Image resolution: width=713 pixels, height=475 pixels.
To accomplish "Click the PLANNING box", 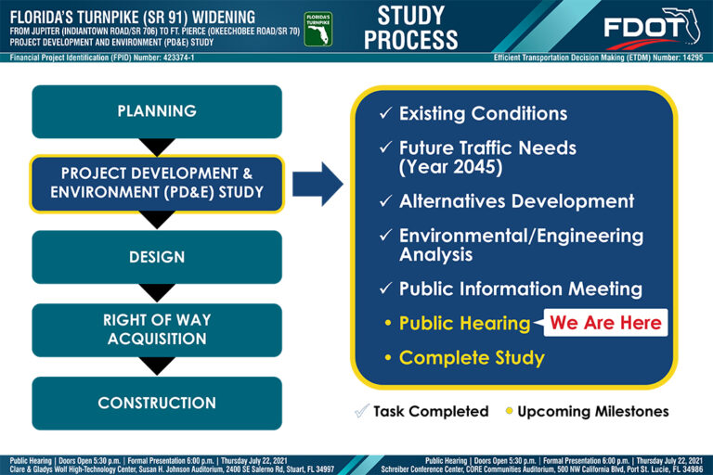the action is pos(157,111).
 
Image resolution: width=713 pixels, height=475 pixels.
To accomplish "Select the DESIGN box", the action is pos(157,257).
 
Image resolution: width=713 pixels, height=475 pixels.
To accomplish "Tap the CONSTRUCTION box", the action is pos(157,404).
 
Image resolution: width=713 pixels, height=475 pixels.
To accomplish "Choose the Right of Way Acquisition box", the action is pos(157,330).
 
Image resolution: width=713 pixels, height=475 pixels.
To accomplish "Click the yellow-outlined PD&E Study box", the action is pos(157,184).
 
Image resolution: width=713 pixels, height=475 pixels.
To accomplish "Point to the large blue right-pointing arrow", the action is pos(318,184).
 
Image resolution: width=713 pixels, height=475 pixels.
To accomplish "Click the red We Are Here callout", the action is pos(605,323).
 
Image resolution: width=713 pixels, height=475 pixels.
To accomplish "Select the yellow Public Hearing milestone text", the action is pos(464,323).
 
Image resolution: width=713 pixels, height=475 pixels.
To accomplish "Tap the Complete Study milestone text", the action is pos(472,358).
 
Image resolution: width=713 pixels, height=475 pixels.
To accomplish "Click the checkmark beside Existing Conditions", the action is pos(385,113).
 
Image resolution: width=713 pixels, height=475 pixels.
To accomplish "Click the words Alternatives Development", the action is pos(516,201).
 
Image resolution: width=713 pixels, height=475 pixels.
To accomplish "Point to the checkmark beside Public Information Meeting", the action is pos(385,289).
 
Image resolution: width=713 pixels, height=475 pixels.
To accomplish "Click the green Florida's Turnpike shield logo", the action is pos(318,29).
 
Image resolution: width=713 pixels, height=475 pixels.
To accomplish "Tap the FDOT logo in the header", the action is pos(652,28).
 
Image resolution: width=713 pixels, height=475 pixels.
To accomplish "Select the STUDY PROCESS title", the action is pos(410,28).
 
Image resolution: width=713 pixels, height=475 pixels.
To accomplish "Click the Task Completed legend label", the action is pos(431,411).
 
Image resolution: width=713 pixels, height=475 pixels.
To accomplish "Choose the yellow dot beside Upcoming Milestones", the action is pos(510,411).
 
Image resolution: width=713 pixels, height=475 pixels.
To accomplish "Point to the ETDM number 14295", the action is pos(693,58).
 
